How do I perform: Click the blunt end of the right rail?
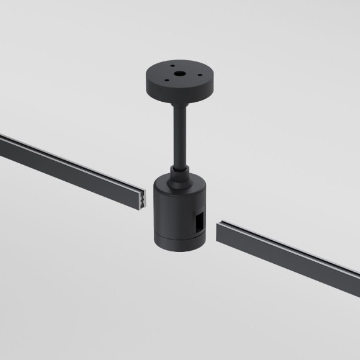[x=219, y=233]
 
